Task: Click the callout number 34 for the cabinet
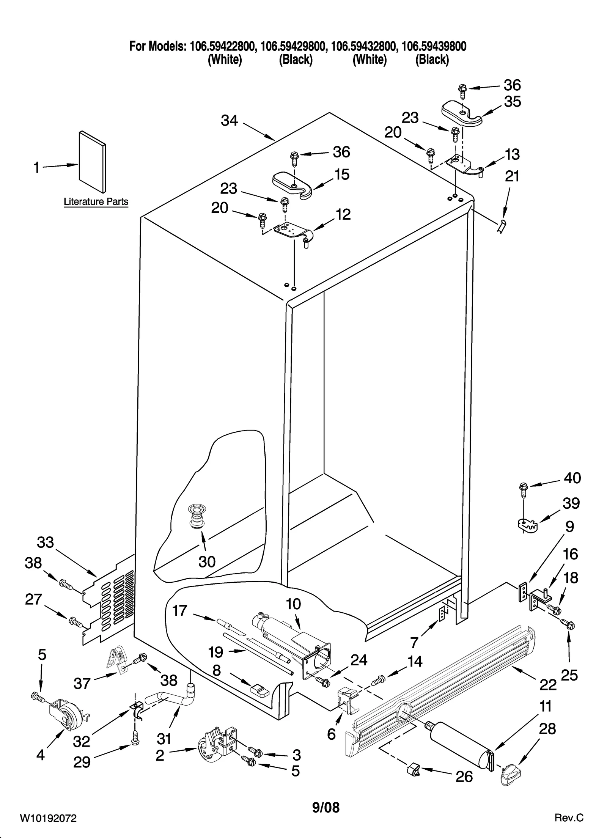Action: tap(229, 121)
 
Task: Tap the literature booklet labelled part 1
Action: tap(93, 162)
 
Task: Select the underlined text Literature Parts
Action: tap(96, 202)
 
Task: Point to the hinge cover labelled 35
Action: tap(462, 114)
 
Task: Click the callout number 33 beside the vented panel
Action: tap(46, 543)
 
